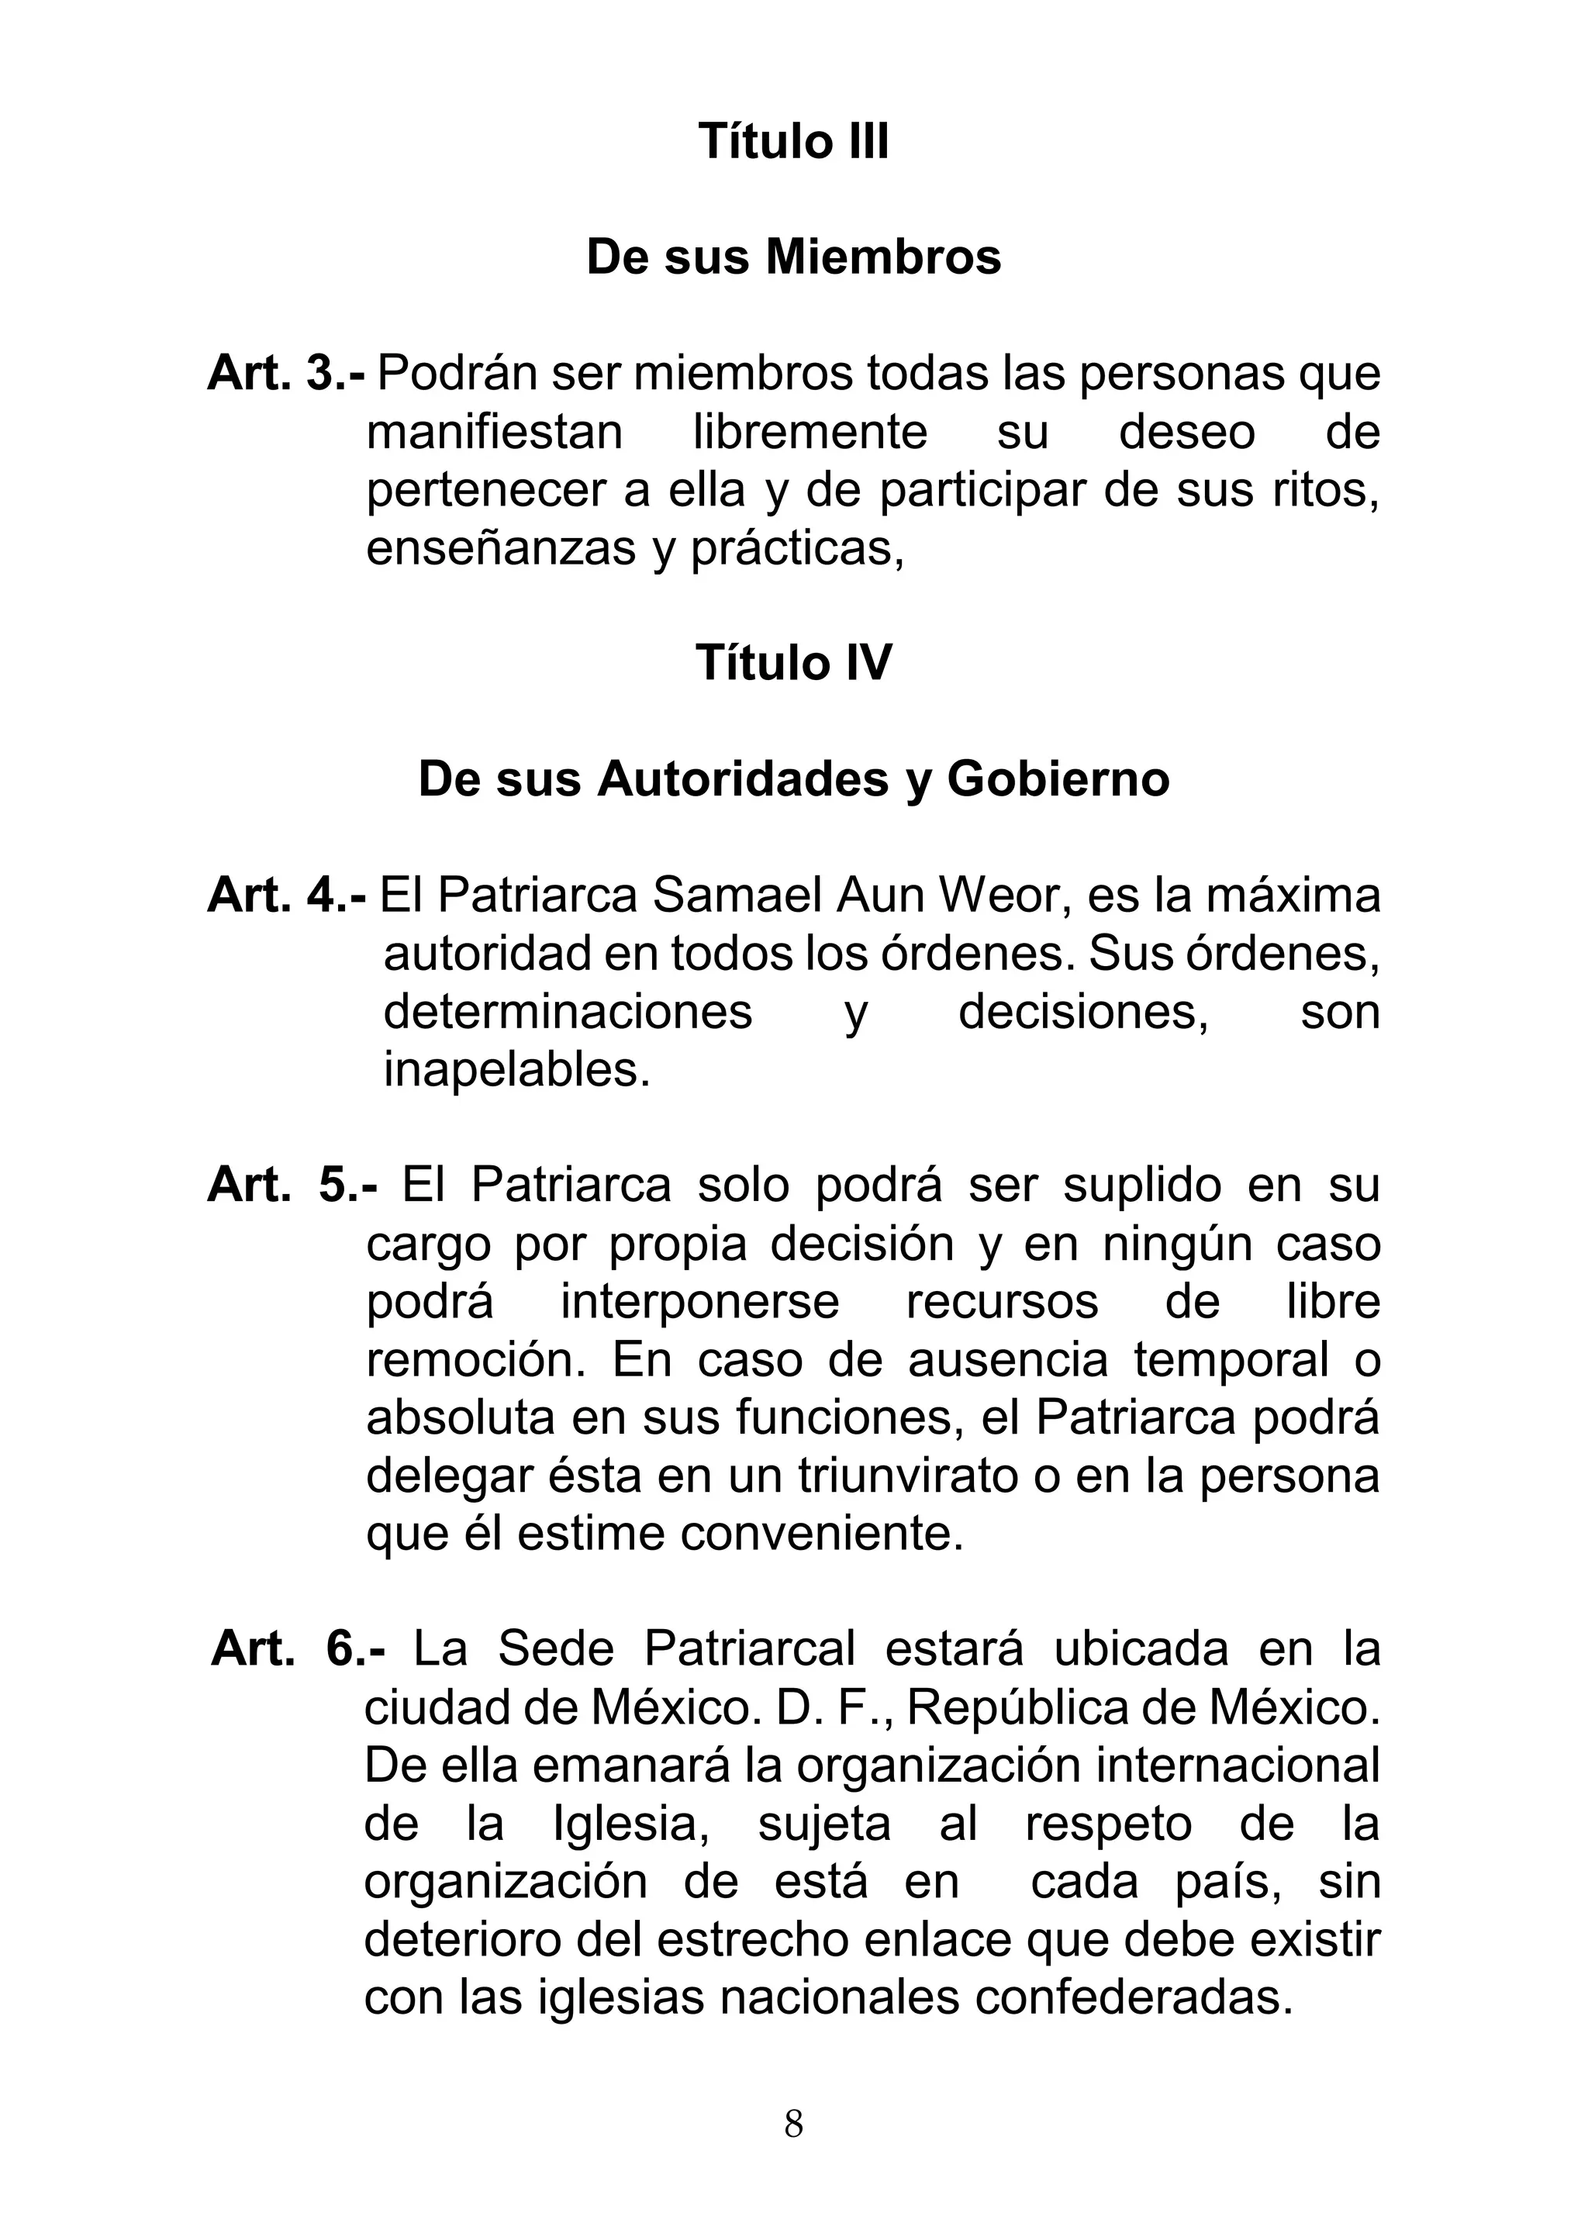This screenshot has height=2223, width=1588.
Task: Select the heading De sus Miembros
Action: click(793, 258)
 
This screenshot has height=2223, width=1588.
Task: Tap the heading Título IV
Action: click(793, 664)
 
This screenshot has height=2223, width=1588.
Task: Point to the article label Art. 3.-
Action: click(286, 375)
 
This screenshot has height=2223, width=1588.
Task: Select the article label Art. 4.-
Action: click(286, 896)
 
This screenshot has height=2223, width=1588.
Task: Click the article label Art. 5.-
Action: click(292, 1186)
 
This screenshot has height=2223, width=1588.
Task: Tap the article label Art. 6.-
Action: click(299, 1649)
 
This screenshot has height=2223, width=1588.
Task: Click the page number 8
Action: click(793, 2125)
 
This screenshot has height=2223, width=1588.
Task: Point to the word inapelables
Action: click(516, 1071)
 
